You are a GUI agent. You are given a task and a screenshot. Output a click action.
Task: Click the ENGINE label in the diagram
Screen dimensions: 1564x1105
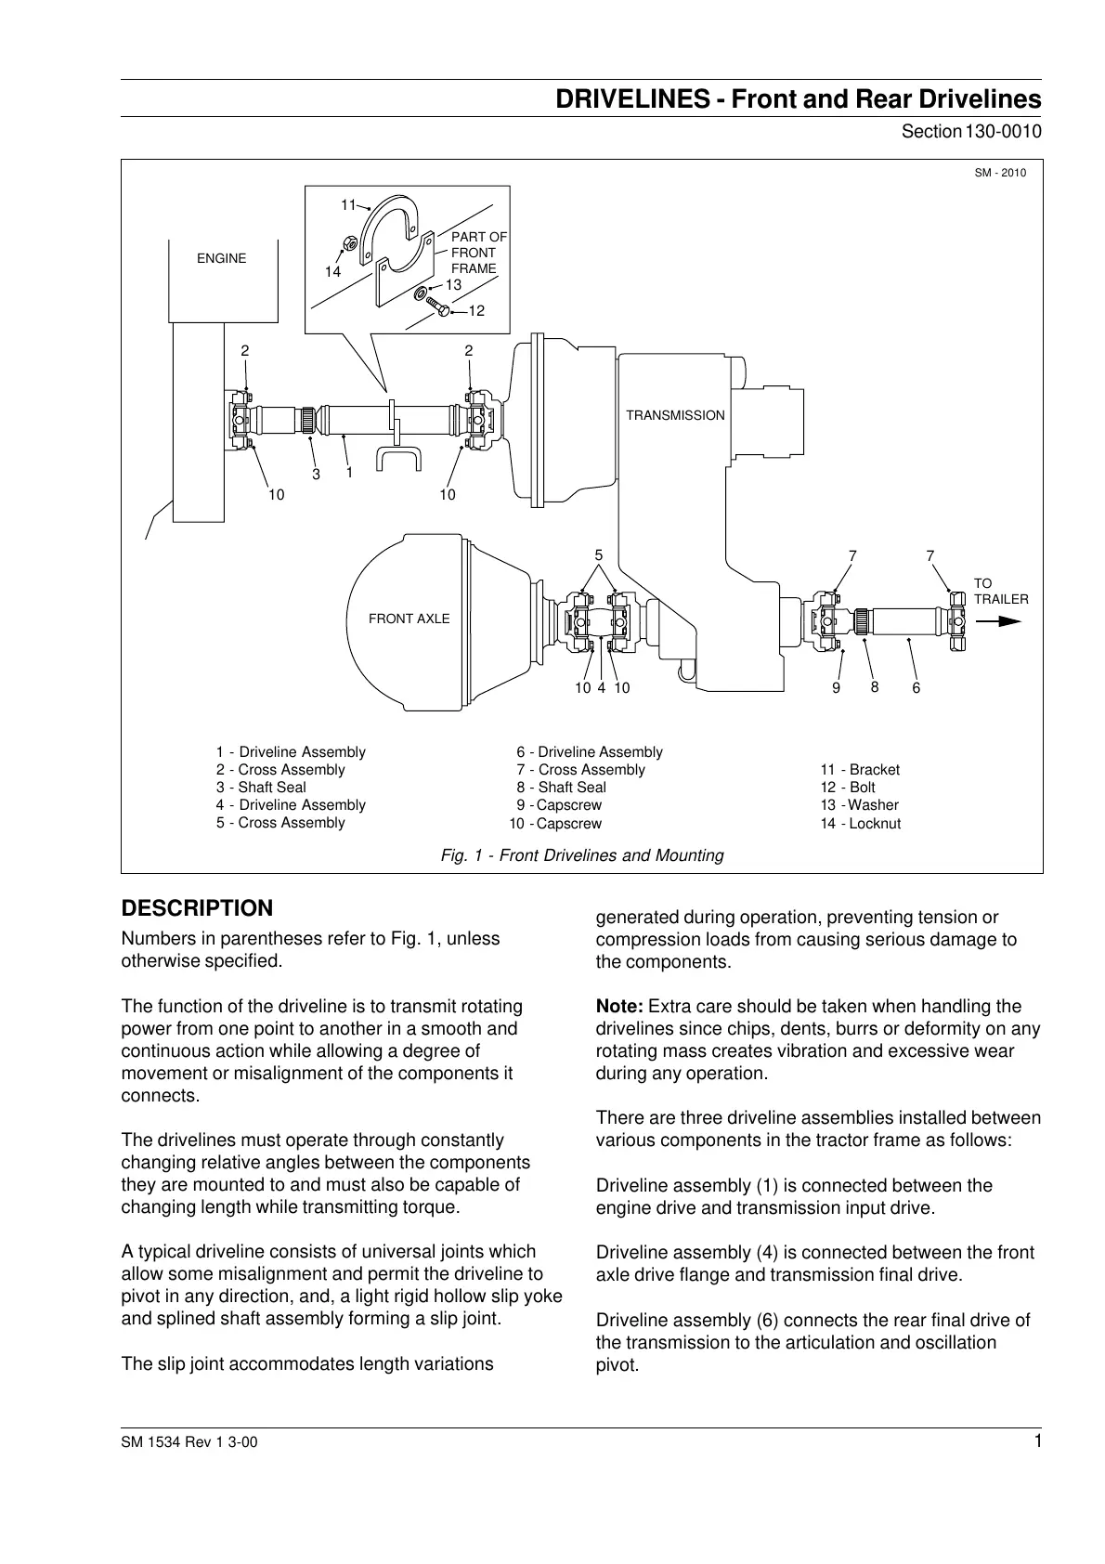(x=221, y=258)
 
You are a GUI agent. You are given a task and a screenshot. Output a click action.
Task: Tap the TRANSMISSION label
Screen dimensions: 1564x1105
(x=675, y=415)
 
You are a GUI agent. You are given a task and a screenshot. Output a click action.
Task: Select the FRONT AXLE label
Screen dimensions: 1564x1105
(x=409, y=619)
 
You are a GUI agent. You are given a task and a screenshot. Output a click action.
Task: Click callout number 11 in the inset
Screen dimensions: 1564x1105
(x=348, y=204)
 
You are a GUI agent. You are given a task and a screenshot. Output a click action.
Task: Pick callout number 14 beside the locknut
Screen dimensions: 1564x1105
(x=332, y=271)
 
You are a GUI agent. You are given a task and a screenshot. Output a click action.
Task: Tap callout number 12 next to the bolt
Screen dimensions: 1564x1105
(x=476, y=310)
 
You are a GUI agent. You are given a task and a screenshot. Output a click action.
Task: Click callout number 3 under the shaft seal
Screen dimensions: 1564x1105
(x=316, y=475)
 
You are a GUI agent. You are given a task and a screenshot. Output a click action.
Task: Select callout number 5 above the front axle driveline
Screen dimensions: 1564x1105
(x=599, y=555)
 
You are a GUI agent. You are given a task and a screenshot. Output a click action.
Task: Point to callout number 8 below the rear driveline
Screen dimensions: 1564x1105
(x=874, y=686)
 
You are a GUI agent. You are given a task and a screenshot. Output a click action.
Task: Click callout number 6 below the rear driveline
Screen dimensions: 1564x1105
(x=916, y=688)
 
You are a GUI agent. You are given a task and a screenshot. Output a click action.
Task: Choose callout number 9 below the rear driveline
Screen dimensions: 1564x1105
(x=836, y=688)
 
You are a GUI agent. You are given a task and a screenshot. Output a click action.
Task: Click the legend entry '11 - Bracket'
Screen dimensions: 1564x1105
(x=860, y=770)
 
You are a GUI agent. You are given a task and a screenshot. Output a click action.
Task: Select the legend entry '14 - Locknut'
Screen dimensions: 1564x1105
(x=860, y=824)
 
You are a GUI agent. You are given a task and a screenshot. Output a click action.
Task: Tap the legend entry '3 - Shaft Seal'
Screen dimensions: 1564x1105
(x=261, y=788)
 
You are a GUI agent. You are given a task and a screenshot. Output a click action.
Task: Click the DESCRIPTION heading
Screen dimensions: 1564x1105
(x=198, y=907)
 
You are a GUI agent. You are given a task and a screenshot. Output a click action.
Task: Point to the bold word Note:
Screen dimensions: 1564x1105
(x=619, y=1006)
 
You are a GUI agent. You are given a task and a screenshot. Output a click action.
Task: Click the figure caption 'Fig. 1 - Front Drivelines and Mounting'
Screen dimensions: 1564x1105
(x=581, y=855)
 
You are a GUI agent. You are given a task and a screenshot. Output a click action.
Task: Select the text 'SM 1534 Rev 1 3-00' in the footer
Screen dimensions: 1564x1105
(x=183, y=1443)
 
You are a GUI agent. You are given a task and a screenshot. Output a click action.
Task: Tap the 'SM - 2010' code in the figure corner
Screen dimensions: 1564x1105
(x=1000, y=172)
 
